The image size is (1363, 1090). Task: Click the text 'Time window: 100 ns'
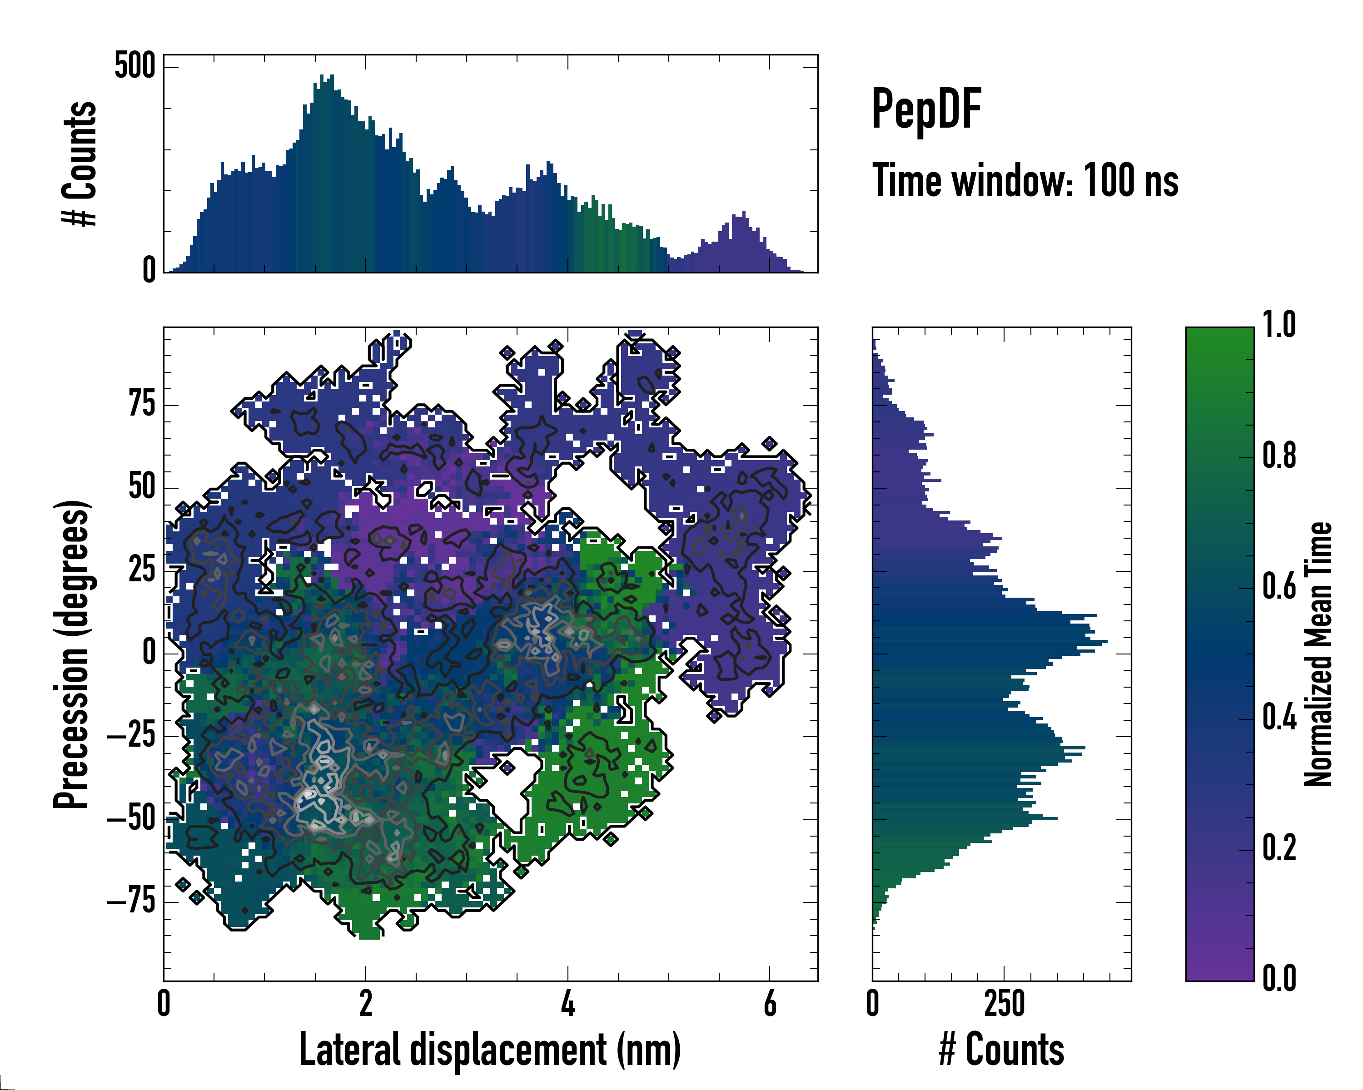[x=1025, y=181]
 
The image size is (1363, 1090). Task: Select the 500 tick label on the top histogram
[x=134, y=66]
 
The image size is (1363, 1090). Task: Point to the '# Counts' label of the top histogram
[x=80, y=163]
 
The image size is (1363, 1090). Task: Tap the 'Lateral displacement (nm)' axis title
[x=490, y=1050]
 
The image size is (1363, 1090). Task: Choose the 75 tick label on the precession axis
[x=142, y=404]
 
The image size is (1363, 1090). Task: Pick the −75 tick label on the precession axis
[x=131, y=901]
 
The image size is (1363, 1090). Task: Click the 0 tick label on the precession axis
[x=149, y=652]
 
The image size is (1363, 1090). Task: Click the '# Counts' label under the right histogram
[x=1001, y=1050]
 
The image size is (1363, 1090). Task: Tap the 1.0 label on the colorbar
[x=1279, y=325]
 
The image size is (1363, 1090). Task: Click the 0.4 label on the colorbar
[x=1279, y=718]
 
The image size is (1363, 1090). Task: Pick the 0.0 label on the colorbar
[x=1279, y=978]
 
